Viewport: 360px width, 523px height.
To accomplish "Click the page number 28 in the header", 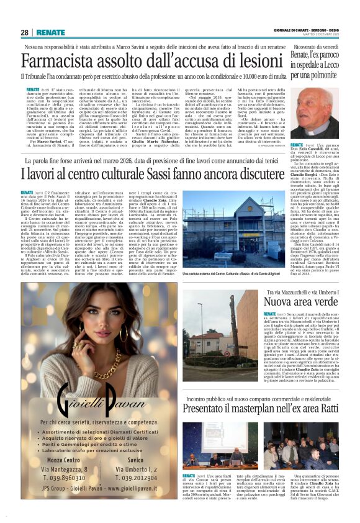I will pyautogui.click(x=24, y=32).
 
